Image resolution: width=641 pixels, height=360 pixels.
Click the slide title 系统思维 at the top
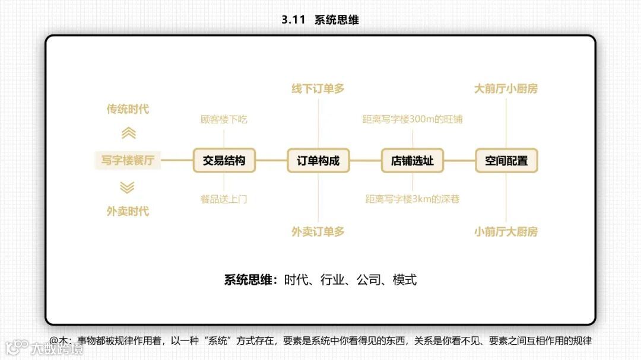click(337, 20)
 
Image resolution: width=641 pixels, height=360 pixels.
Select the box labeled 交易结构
click(224, 161)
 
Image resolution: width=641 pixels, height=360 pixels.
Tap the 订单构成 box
click(318, 161)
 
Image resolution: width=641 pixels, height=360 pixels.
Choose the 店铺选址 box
click(412, 161)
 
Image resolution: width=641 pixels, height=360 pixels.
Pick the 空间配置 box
click(506, 161)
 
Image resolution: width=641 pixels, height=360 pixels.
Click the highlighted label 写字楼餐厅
click(128, 161)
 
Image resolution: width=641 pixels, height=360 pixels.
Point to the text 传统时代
click(128, 109)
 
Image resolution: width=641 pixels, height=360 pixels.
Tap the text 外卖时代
click(128, 212)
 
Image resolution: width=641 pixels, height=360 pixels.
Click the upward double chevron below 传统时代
click(128, 133)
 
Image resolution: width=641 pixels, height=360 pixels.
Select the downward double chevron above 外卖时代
click(127, 187)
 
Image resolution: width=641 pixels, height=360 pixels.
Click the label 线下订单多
click(318, 89)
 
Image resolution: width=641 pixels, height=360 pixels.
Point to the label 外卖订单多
click(318, 232)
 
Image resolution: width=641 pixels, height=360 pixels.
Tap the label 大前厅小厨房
click(506, 89)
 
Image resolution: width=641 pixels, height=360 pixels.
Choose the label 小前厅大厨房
click(506, 232)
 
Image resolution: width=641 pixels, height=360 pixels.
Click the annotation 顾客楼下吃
click(224, 120)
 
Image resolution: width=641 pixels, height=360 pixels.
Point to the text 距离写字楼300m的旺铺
click(412, 120)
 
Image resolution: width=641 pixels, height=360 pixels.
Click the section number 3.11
click(293, 20)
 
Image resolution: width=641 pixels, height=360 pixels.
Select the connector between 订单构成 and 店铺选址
click(365, 161)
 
